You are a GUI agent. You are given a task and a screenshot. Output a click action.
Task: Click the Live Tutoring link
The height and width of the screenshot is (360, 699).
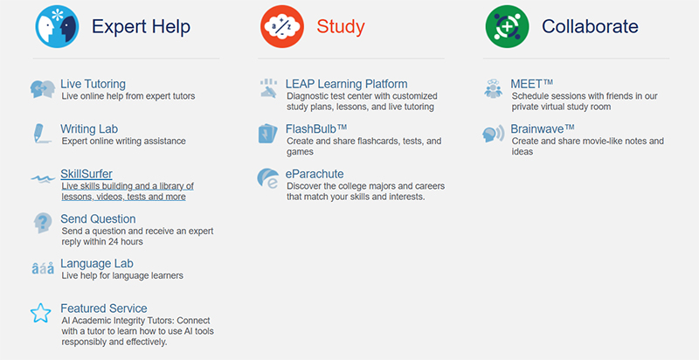pos(93,85)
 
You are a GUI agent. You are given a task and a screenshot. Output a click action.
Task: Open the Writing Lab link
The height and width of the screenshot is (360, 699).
pos(90,129)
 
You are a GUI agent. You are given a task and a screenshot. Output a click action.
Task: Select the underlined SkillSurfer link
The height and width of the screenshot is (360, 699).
pos(86,174)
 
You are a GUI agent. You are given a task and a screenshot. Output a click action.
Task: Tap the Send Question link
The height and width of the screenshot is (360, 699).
pos(98,218)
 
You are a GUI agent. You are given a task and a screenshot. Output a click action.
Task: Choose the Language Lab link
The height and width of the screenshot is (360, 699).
pos(96,263)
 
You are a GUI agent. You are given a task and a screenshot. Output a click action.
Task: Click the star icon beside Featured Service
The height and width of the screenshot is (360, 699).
pos(40,313)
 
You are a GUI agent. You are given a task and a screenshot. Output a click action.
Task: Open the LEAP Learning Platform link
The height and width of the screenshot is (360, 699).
pos(347,85)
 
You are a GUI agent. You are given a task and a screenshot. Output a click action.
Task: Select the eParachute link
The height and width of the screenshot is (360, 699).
pos(315,174)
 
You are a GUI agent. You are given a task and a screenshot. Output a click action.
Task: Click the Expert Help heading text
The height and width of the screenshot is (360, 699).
pos(141,27)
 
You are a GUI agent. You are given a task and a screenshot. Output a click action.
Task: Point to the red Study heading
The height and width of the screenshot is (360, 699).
pos(340,27)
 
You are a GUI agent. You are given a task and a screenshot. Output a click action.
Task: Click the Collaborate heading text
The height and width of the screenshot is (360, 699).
pos(590,27)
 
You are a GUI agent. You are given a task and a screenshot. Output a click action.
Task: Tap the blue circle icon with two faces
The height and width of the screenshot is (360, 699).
pos(57,26)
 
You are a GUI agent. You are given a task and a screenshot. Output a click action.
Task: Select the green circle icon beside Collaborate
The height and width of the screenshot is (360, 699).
pos(507,26)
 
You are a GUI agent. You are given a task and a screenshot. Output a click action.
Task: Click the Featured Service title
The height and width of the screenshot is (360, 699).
pos(103,308)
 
